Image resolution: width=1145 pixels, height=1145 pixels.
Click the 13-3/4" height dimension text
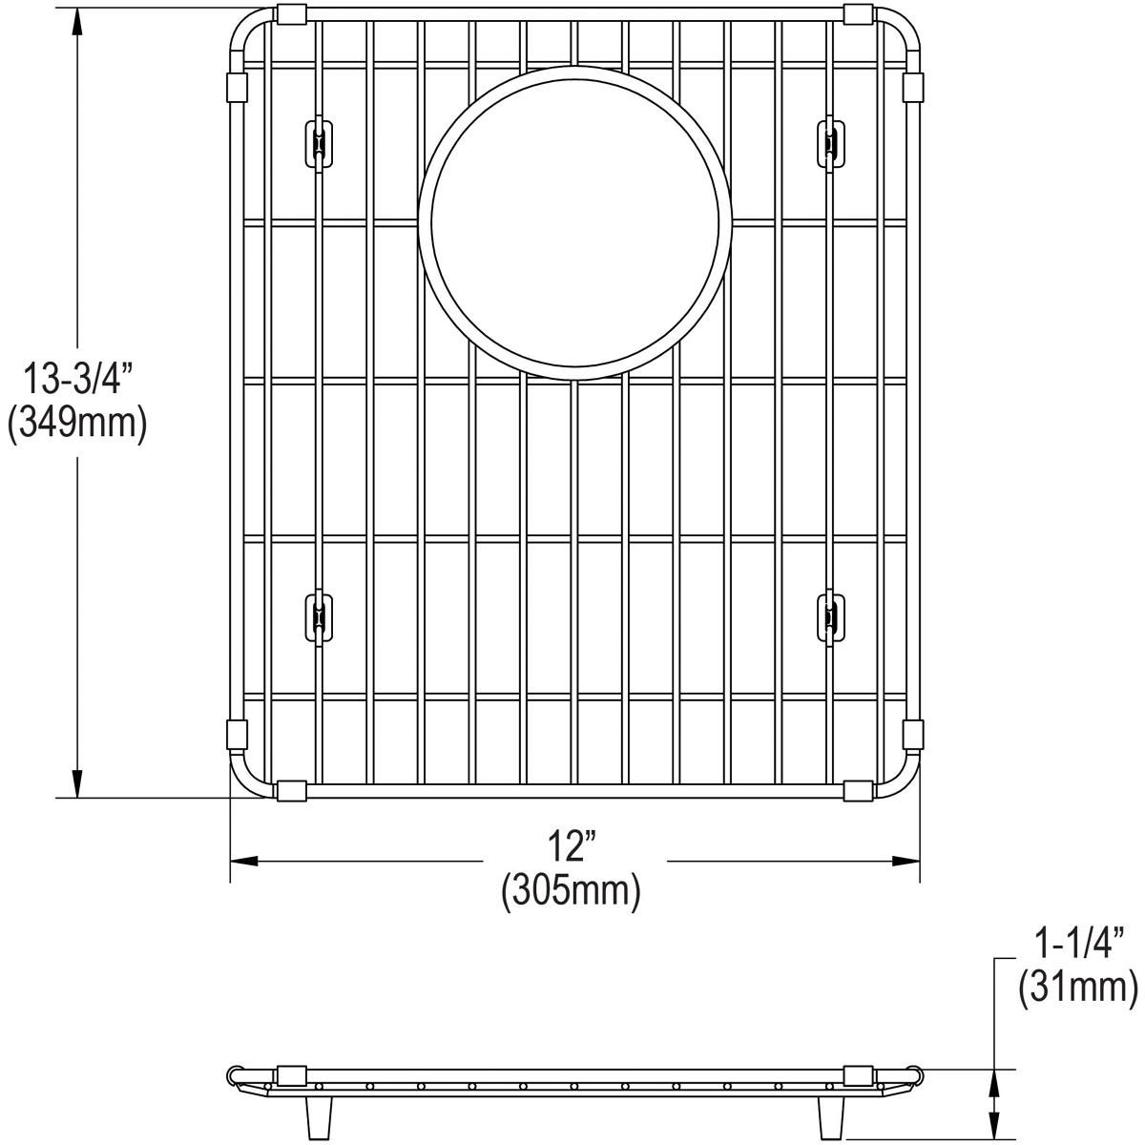tap(75, 380)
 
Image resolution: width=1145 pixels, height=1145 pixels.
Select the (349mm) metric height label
tap(76, 424)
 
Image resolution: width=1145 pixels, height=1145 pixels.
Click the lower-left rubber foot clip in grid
tap(318, 617)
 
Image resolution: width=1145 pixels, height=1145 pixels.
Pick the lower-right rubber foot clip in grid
tap(831, 617)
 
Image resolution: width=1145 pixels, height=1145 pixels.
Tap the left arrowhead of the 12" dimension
tap(244, 862)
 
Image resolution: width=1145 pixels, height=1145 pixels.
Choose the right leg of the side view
tap(830, 1114)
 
